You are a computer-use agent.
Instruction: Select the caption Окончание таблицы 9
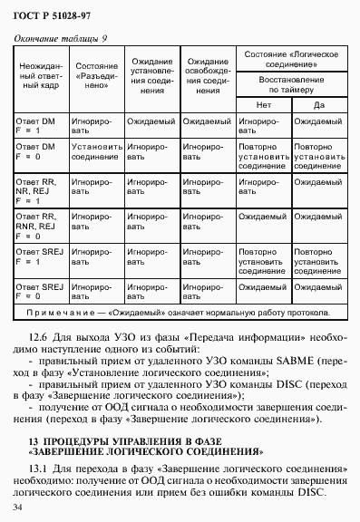(x=60, y=38)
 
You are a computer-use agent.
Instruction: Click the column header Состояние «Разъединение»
(x=95, y=72)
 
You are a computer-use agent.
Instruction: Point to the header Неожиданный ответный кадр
(x=42, y=78)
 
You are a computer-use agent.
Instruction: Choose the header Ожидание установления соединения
(x=151, y=78)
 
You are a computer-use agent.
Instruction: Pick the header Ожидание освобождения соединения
(x=208, y=78)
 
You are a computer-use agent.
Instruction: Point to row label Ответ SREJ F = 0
(x=40, y=291)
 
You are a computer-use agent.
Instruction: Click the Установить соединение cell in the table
(x=95, y=150)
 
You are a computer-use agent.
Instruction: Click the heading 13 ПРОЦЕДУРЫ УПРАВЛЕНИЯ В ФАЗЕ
(x=138, y=439)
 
